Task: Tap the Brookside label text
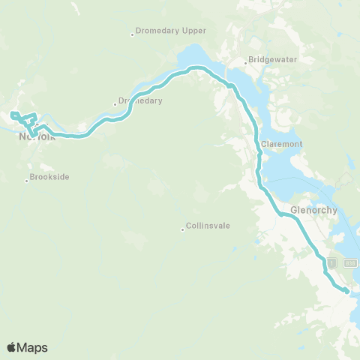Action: pos(49,177)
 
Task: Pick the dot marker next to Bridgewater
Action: pos(245,62)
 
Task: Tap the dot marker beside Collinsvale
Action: pos(182,229)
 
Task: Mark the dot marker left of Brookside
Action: pos(27,180)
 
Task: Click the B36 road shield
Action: pos(349,263)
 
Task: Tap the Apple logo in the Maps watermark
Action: pos(12,347)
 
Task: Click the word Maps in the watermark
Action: pos(33,347)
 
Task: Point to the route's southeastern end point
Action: pos(346,290)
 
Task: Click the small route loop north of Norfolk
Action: pos(25,118)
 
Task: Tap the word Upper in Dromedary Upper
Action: pos(193,31)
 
